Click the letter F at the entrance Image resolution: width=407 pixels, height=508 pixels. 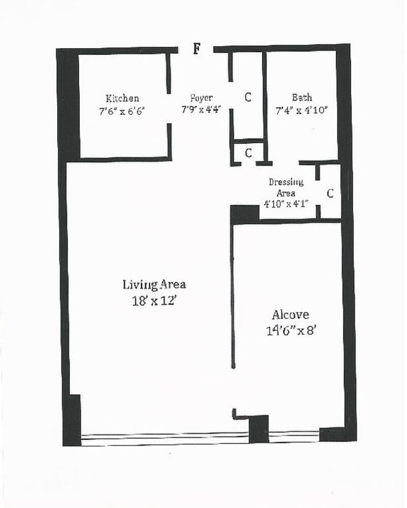pyautogui.click(x=197, y=49)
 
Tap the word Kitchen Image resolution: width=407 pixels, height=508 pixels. pyautogui.click(x=122, y=98)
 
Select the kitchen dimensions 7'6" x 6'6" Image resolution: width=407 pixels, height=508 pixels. pyautogui.click(x=122, y=110)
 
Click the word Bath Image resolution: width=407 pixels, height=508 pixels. pyautogui.click(x=302, y=98)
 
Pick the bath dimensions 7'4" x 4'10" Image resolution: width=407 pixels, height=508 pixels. pyautogui.click(x=302, y=110)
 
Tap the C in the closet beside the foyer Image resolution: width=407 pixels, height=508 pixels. pyautogui.click(x=248, y=97)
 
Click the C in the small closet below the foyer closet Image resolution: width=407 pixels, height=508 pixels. pyautogui.click(x=248, y=152)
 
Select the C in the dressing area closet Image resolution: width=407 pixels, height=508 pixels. pyautogui.click(x=330, y=194)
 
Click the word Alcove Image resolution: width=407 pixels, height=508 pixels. pyautogui.click(x=290, y=314)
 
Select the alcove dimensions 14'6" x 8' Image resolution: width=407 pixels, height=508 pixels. pyautogui.click(x=290, y=330)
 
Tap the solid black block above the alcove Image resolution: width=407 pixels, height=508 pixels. pyautogui.click(x=245, y=214)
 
